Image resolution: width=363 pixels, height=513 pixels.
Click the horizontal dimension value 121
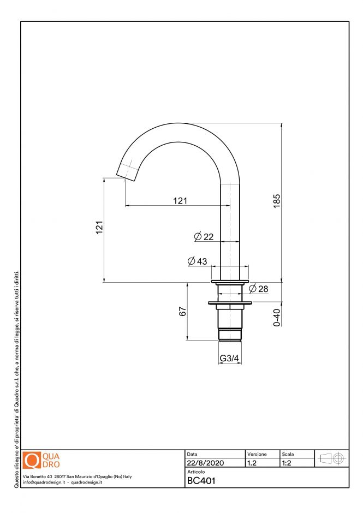(180, 200)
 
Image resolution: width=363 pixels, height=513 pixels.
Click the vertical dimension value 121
(99, 228)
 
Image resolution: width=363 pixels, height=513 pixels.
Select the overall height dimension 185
(277, 201)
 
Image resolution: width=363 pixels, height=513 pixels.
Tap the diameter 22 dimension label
(204, 236)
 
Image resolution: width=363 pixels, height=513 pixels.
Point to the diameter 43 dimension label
(197, 261)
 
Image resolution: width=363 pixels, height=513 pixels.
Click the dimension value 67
(183, 311)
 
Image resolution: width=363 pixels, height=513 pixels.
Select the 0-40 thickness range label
(277, 318)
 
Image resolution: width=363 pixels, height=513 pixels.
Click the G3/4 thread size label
(229, 359)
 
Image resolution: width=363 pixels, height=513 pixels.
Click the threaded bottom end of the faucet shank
(229, 333)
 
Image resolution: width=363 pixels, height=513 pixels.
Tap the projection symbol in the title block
(332, 459)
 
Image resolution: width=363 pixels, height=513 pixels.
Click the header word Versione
(257, 454)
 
